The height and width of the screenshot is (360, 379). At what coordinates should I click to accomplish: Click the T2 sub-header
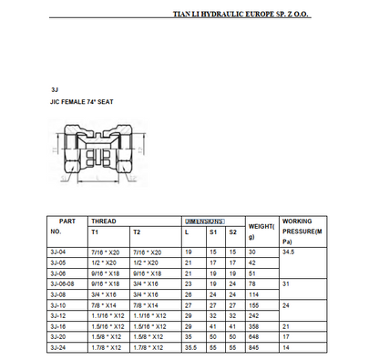[137, 232]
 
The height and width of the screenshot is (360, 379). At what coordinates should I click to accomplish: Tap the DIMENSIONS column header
[204, 221]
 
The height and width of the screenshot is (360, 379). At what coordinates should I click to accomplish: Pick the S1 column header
[212, 232]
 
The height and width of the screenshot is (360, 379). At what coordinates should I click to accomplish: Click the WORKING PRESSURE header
[302, 231]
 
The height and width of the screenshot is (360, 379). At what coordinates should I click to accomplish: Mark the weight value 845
[254, 346]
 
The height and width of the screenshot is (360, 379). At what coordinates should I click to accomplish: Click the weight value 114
[254, 294]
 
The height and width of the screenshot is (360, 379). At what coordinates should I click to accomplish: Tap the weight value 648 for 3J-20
[254, 336]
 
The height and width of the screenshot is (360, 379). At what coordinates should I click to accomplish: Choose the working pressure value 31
[287, 283]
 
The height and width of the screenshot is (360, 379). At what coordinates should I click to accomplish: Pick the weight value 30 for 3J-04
[252, 250]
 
